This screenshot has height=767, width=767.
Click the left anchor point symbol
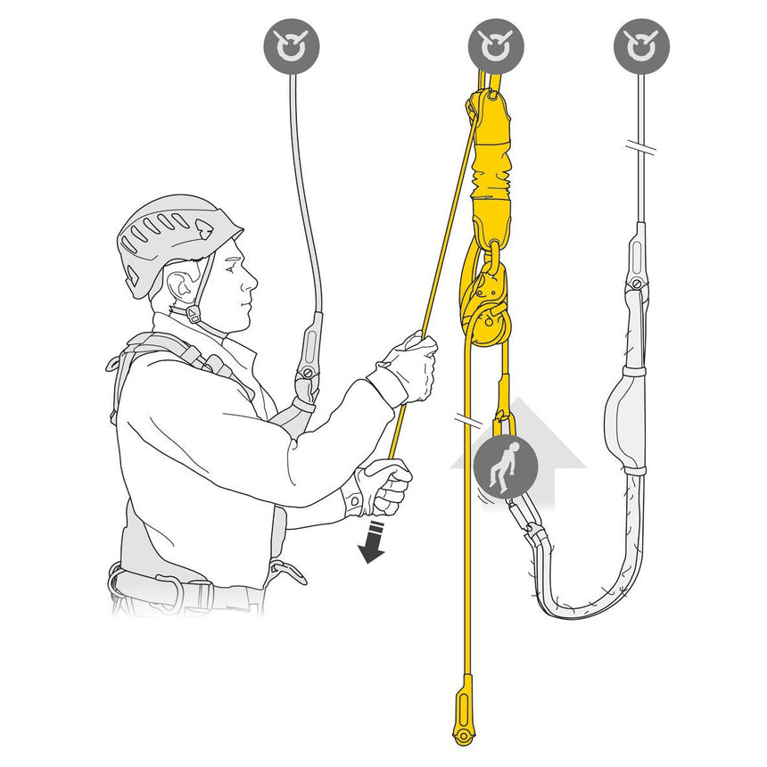coord(292,45)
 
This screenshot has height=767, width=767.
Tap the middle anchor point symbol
coord(496,45)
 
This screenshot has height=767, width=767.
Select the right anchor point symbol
coord(641,45)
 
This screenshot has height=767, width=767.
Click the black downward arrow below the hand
coord(373,545)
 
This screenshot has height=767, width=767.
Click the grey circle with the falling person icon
coord(506,466)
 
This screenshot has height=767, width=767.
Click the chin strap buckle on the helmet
coord(192,315)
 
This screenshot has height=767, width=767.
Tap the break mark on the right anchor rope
coord(640,145)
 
